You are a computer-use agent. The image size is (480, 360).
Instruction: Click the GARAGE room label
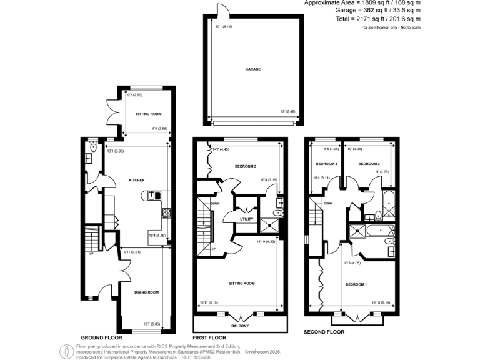pyautogui.click(x=253, y=69)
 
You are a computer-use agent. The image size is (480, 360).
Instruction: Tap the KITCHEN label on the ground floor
pyautogui.click(x=137, y=179)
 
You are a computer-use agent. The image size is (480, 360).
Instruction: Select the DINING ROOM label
pyautogui.click(x=147, y=292)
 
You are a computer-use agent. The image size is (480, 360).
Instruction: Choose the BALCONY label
pyautogui.click(x=240, y=326)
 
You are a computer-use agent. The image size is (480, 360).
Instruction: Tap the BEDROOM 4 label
pyautogui.click(x=326, y=164)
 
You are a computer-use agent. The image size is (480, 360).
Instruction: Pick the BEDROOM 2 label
pyautogui.click(x=369, y=164)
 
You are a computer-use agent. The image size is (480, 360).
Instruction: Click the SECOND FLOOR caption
pyautogui.click(x=324, y=332)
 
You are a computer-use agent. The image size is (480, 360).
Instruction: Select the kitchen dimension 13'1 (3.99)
pyautogui.click(x=117, y=150)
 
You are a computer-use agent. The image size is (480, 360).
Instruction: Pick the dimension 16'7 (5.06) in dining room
pyautogui.click(x=154, y=324)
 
